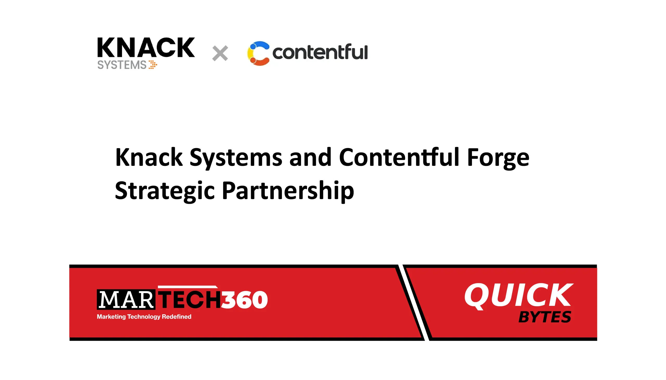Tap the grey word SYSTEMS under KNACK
tap(122, 65)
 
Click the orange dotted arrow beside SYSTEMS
tap(153, 65)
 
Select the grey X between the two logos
tap(220, 53)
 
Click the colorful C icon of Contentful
tap(258, 53)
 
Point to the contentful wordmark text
tap(320, 52)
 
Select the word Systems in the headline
tap(236, 158)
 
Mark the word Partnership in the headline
tap(288, 191)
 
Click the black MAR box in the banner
tap(126, 300)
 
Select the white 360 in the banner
tap(244, 300)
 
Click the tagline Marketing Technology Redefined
tap(144, 317)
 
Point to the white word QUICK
tap(518, 296)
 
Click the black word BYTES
tap(544, 317)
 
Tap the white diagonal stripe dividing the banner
tap(414, 303)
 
